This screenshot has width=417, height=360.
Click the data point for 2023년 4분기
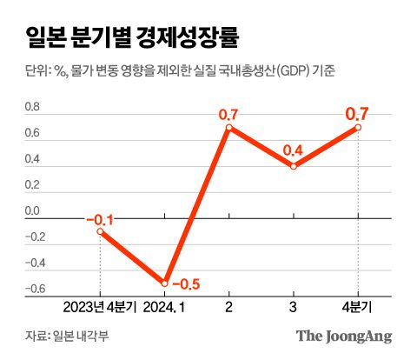(x=100, y=231)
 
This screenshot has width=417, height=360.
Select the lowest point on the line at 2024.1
(x=164, y=283)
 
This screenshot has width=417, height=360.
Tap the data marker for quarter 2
(x=228, y=128)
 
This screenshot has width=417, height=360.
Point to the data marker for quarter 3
(x=294, y=166)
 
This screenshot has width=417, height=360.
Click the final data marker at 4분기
(x=358, y=128)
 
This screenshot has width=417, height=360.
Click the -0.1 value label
(x=100, y=217)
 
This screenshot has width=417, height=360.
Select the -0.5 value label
(x=187, y=283)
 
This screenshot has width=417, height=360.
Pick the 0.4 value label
(x=294, y=151)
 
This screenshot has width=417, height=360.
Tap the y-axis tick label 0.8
(x=32, y=108)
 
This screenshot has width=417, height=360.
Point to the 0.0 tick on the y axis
(x=32, y=210)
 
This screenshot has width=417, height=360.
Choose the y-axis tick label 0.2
(x=32, y=185)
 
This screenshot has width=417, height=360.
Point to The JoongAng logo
(x=344, y=336)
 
